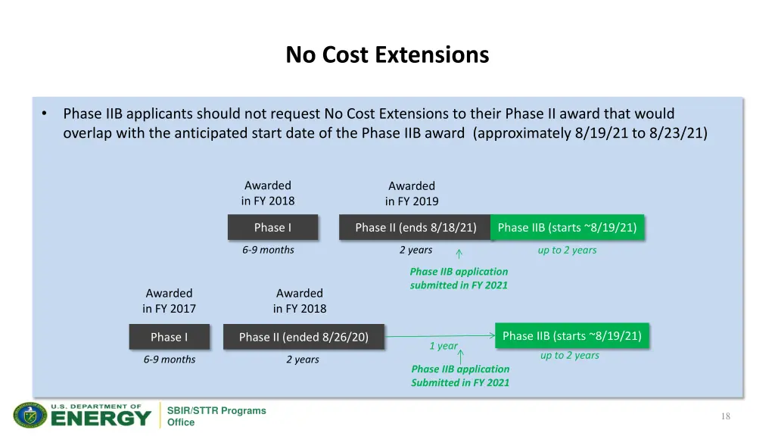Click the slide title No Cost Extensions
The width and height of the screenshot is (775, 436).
click(387, 55)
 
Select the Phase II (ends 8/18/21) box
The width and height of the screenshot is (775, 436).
click(416, 228)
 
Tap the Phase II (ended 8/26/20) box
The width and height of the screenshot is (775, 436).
click(303, 337)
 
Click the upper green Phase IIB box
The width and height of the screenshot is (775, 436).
click(567, 228)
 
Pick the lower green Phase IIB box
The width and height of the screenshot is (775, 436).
click(571, 336)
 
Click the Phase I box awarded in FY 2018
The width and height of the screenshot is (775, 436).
click(272, 228)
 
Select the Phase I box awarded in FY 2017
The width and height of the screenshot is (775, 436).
click(169, 337)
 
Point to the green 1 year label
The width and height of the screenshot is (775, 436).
click(444, 346)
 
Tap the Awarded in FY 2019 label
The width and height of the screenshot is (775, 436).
click(412, 194)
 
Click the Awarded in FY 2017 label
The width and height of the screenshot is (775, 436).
click(169, 301)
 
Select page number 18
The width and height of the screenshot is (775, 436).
click(725, 416)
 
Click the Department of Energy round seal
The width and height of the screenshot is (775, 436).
click(30, 416)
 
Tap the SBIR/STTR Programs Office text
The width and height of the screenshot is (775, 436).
click(216, 416)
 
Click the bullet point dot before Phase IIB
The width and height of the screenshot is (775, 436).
click(45, 114)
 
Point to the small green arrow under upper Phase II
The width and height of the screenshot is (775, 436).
click(459, 254)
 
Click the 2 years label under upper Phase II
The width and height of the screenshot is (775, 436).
click(416, 250)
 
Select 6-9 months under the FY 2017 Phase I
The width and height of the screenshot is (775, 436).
click(170, 360)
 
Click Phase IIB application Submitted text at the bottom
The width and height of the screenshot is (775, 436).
click(460, 375)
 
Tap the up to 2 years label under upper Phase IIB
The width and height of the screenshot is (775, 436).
click(567, 250)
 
